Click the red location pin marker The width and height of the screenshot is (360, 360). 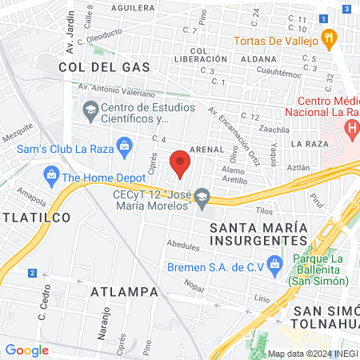click(x=181, y=162)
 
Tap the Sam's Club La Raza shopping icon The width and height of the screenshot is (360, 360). click(x=124, y=145)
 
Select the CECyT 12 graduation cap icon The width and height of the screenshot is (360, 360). click(x=202, y=196)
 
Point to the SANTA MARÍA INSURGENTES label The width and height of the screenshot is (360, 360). click(x=258, y=233)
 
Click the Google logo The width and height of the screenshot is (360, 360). click(x=26, y=350)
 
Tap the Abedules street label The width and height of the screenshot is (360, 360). click(x=182, y=245)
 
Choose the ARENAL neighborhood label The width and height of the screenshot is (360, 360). click(x=206, y=148)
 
